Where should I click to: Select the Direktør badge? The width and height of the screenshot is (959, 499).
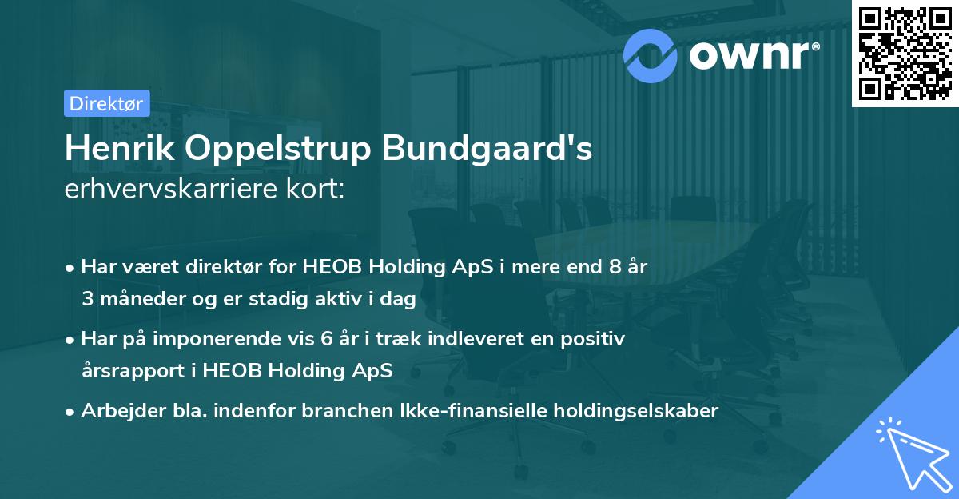105,102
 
